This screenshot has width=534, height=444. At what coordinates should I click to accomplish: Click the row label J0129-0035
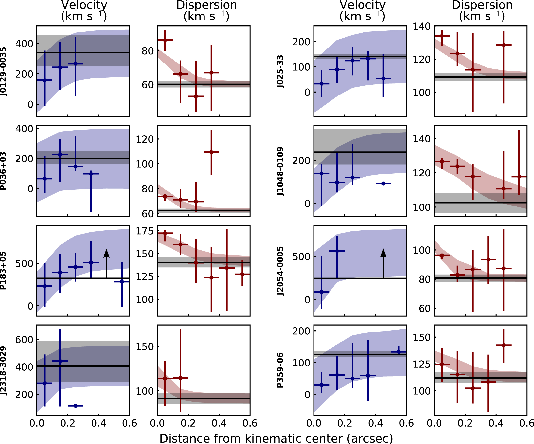coord(3,71)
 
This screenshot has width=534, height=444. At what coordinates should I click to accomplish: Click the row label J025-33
coord(280,71)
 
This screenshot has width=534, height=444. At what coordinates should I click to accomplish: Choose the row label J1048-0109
coord(280,171)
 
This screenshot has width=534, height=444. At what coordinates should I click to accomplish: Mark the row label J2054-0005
coord(280,270)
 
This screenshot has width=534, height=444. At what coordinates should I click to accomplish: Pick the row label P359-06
coord(280,370)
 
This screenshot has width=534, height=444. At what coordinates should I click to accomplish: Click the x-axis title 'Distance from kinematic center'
coord(276,438)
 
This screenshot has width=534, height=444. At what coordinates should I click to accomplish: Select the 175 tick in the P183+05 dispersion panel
coord(145,231)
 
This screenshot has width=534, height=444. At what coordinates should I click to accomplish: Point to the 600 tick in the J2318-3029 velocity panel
coord(24,339)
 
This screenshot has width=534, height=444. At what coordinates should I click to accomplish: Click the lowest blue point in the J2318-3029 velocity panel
coord(75,406)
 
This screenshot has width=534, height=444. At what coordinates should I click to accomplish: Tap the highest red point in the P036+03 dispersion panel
coord(211,152)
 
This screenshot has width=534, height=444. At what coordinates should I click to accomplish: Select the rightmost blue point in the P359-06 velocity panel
coord(399,352)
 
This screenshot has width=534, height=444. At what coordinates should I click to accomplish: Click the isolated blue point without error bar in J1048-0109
coord(383,183)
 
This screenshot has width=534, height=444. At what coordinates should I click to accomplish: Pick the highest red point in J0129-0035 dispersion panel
coord(165,40)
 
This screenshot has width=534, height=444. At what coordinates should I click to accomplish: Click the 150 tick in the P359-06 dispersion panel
coord(422,337)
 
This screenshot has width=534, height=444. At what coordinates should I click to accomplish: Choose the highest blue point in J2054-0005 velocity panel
coord(337,251)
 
